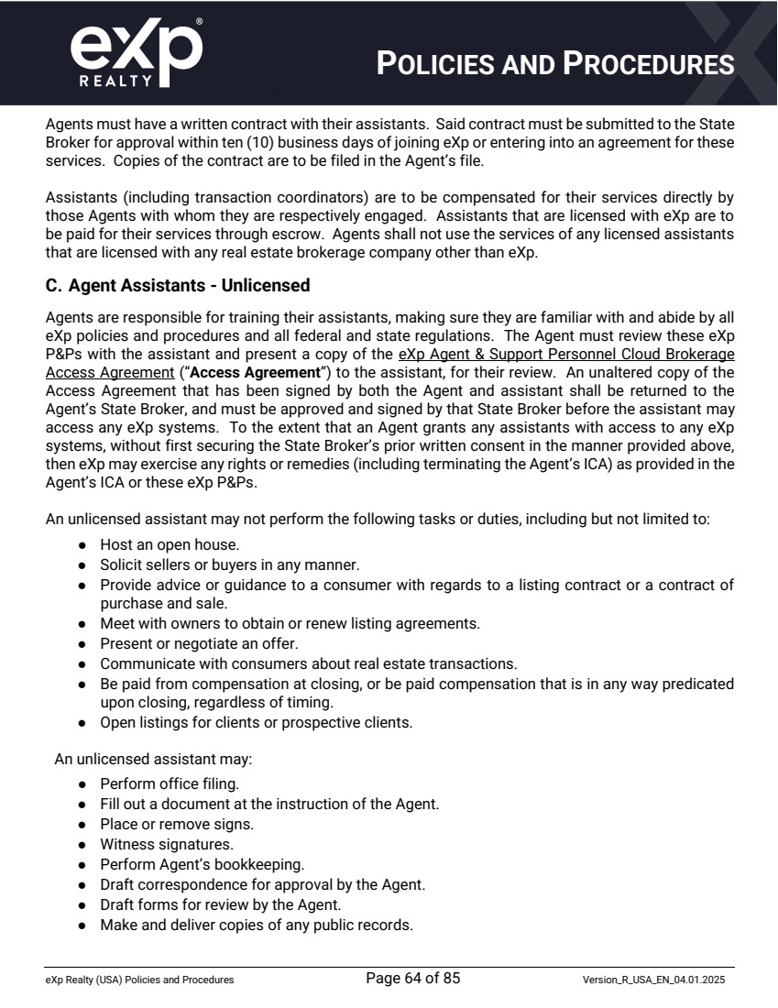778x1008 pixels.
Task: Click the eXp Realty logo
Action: [x=136, y=54]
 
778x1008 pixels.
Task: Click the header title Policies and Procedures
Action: [x=555, y=63]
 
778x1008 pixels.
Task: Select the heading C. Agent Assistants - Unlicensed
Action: [x=178, y=286]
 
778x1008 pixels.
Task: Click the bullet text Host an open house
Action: [x=169, y=544]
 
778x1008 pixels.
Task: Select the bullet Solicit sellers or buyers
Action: [x=216, y=564]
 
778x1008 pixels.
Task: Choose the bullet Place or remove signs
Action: [x=164, y=824]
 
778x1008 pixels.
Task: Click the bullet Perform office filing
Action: [x=170, y=783]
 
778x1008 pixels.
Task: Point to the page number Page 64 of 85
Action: [x=412, y=979]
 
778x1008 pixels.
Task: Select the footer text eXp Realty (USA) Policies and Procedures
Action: [x=139, y=981]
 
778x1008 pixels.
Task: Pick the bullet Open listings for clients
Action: [x=256, y=722]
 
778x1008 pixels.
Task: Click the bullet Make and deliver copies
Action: [x=257, y=925]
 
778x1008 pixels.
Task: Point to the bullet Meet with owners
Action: [x=290, y=623]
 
